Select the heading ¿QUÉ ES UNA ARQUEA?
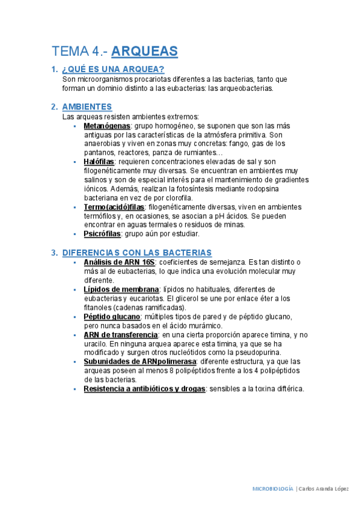pos(109,69)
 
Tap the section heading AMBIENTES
pos(87,107)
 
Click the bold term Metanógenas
pos(107,126)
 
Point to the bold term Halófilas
pos(99,162)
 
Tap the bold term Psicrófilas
pos(103,234)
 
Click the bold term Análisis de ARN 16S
pos(119,262)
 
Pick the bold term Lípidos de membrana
pos(121,289)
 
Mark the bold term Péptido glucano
pos(112,316)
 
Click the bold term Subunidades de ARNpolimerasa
pos(140,361)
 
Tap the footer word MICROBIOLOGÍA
pos(272,489)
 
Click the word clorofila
pos(177,198)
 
